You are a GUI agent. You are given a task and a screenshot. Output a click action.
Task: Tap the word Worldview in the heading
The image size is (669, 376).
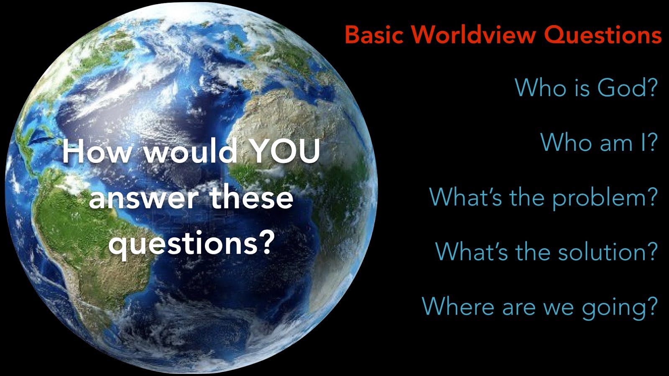[x=475, y=35]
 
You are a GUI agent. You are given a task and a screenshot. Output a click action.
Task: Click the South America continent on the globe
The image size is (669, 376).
[x=89, y=239]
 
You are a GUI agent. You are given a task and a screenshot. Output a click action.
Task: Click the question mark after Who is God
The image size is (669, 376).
[x=651, y=87]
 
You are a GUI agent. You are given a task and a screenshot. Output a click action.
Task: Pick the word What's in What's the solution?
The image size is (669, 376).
[x=472, y=251]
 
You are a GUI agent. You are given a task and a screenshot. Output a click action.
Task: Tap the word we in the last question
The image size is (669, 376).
[x=559, y=308]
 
